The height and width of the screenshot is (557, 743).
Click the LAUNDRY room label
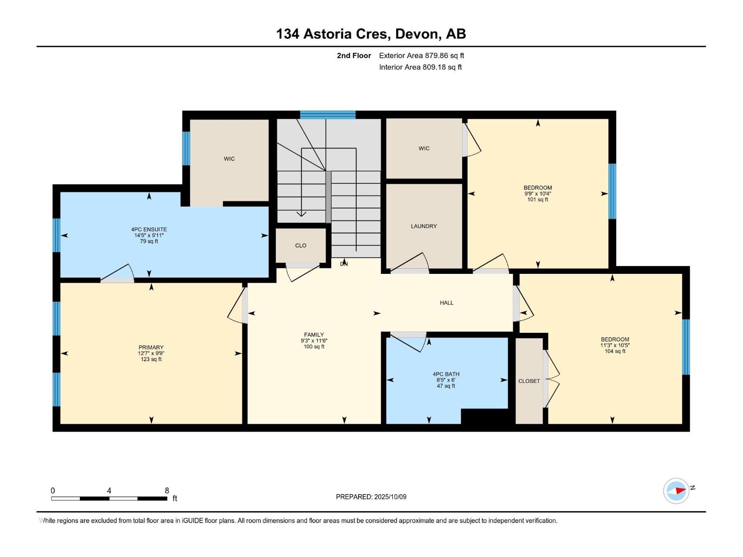(x=424, y=226)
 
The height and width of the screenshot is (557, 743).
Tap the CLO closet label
(x=300, y=246)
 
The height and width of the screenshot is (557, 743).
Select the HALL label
(x=446, y=303)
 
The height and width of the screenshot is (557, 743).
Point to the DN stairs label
(x=344, y=264)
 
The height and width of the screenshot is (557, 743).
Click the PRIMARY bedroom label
(x=151, y=347)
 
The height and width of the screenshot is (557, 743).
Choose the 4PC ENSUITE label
(x=149, y=229)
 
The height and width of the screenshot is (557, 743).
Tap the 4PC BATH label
(x=446, y=374)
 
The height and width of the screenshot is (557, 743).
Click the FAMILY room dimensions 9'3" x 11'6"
(x=314, y=341)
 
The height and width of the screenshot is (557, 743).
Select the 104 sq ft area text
(x=615, y=351)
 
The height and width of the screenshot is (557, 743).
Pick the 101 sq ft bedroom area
(x=538, y=200)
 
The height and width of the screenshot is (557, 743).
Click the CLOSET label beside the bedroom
(x=529, y=381)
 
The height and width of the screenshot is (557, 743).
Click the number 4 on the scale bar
(x=109, y=490)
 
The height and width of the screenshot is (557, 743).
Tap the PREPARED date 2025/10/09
(x=390, y=497)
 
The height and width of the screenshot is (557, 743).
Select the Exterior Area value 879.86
(x=436, y=55)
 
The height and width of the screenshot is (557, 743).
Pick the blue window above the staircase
(x=328, y=115)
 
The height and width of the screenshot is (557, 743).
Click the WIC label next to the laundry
(x=424, y=149)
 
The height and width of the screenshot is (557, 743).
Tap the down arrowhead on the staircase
(x=301, y=214)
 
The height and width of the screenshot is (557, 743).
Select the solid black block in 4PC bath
(x=485, y=416)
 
